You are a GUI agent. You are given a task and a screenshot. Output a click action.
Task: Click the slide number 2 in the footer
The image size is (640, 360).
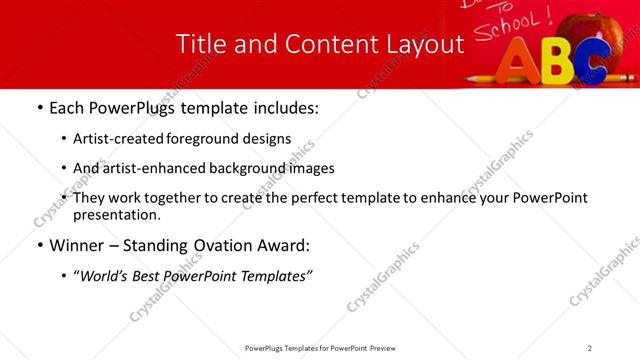[x=590, y=348]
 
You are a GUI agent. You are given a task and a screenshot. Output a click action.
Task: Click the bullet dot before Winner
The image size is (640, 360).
[x=39, y=245]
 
